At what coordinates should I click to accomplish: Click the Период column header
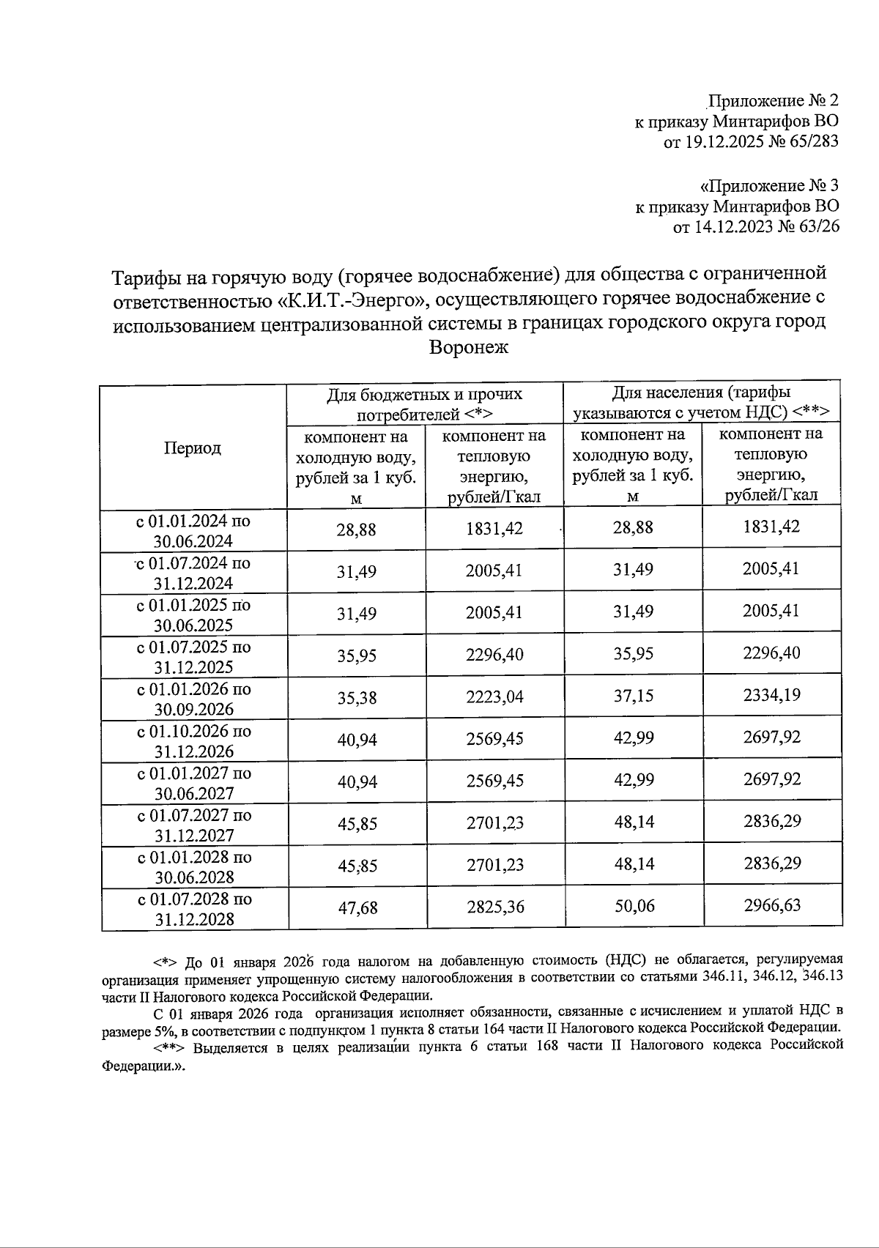point(193,448)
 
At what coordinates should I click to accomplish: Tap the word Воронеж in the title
point(469,347)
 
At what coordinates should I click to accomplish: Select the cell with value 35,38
point(357,698)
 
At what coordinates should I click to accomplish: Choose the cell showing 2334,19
point(772,695)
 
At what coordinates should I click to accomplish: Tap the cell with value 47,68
point(357,908)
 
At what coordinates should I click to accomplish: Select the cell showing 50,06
point(634,907)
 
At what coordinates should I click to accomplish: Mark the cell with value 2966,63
point(773,905)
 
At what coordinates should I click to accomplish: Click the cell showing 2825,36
point(496,907)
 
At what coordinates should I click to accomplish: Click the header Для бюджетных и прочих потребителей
point(424,404)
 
